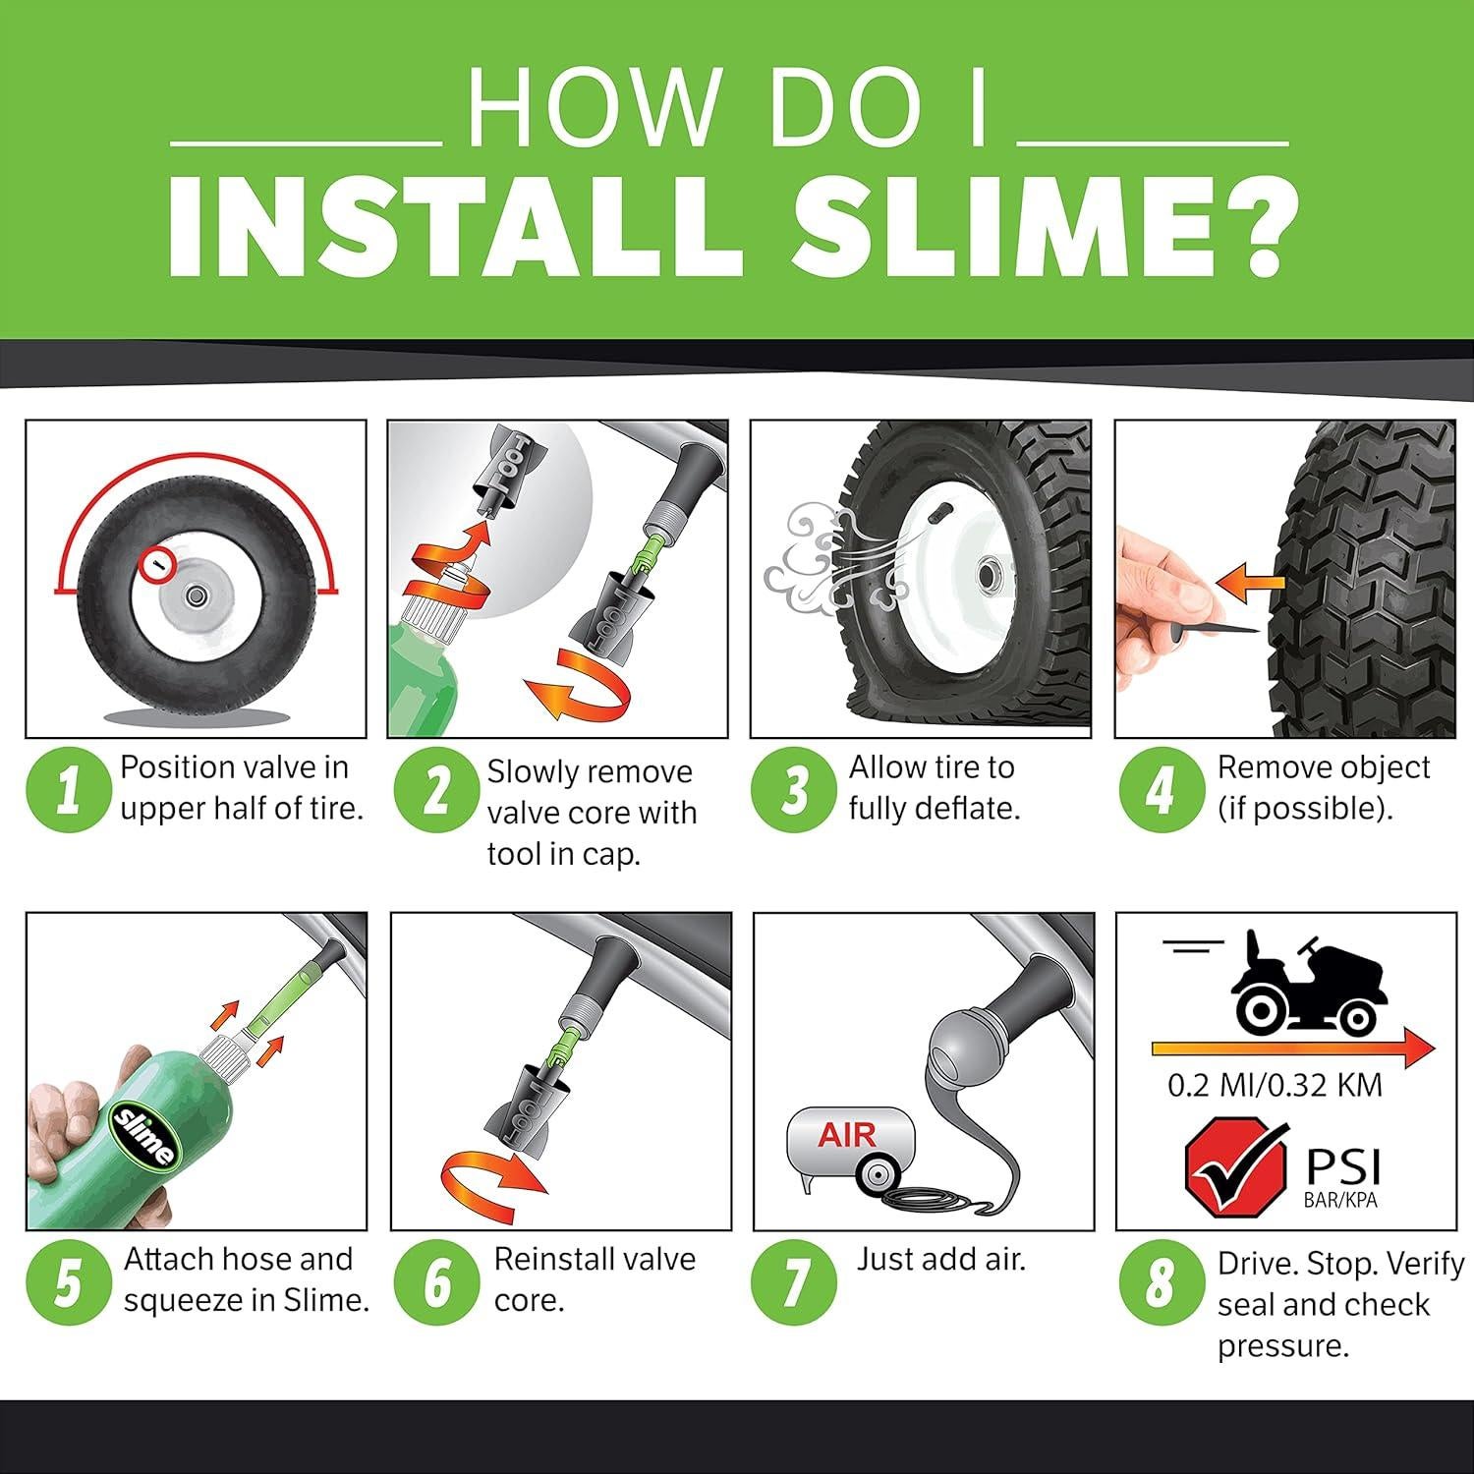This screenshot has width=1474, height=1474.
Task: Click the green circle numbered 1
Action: pos(67,790)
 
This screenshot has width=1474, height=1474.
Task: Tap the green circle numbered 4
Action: pos(1161,790)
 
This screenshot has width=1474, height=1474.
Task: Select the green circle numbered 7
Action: pos(794,1281)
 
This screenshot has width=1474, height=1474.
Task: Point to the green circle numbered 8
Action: pos(1161,1281)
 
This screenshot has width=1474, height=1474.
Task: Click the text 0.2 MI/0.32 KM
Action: pos(1275,1085)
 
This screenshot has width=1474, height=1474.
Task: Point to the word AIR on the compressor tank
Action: pos(847,1135)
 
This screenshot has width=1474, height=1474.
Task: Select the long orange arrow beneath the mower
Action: pos(1292,1048)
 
